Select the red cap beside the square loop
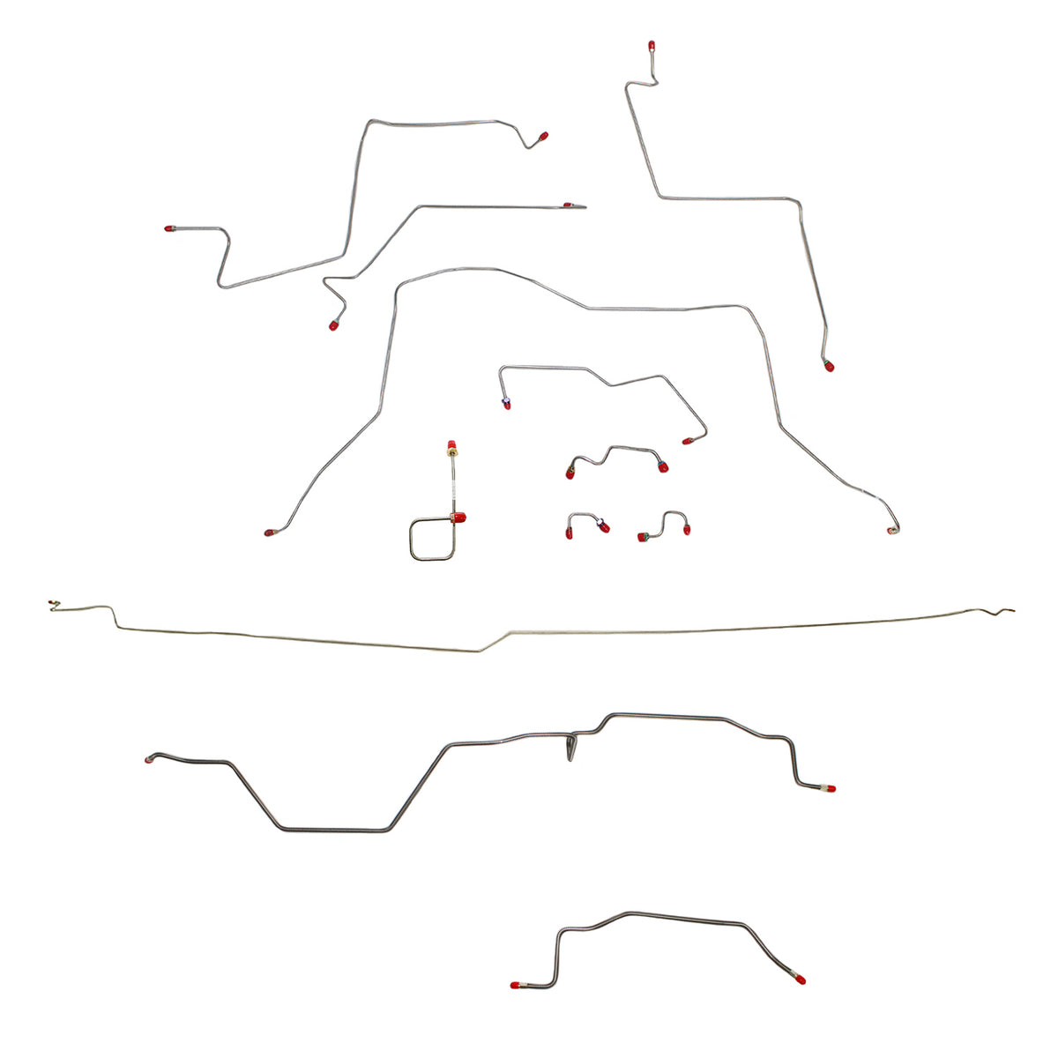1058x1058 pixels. pos(458,517)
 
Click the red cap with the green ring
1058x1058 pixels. pos(644,536)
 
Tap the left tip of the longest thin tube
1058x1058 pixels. pos(51,604)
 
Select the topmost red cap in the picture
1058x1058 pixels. pos(651,44)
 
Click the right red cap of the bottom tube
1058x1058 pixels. pos(798,979)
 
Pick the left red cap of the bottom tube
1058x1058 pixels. pos(515,984)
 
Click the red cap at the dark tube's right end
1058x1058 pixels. pos(829,788)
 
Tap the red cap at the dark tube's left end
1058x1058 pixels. pos(149,759)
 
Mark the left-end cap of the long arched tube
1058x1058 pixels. pos(269,533)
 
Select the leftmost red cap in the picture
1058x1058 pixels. pos(168,229)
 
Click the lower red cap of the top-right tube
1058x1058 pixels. pos(828,366)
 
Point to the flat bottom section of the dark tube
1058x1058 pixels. pos(335,830)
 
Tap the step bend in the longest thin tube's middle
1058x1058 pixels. pos(494,641)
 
